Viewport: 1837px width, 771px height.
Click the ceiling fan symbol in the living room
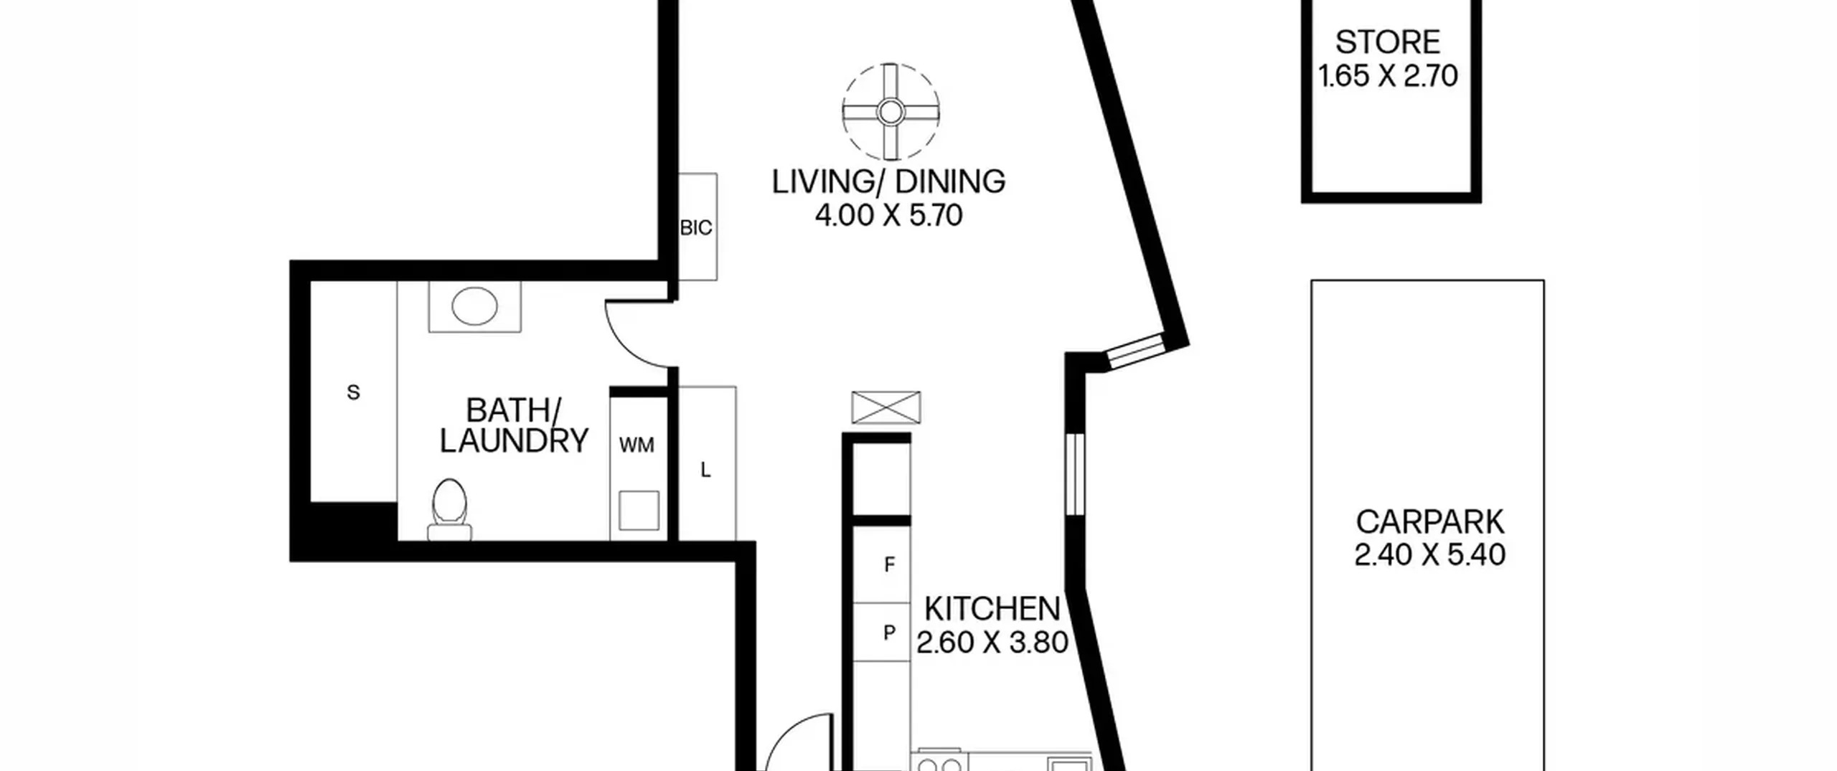coord(891,112)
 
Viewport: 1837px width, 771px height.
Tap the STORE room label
coord(1387,42)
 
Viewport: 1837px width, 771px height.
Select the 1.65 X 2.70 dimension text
coord(1388,75)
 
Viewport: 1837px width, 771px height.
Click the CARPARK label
coord(1429,522)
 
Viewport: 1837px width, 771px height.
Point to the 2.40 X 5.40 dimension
coord(1429,554)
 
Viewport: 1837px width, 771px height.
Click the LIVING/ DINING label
coord(888,181)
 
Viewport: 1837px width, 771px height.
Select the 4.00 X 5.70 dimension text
coord(888,215)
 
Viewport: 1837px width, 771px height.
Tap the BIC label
coord(696,228)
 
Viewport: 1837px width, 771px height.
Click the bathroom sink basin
coord(474,306)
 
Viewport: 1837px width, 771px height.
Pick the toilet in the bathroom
coord(450,509)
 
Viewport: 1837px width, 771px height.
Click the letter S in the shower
coord(353,392)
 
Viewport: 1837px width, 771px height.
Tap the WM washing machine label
coord(636,445)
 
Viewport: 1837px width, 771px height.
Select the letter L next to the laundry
coord(705,470)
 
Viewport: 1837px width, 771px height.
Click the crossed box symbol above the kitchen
coord(885,407)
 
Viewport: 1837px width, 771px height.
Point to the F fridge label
coord(889,565)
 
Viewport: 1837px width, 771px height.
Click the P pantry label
coord(889,633)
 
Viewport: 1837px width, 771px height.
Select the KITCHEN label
coord(992,609)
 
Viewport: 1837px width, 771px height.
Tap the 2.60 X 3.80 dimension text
coord(992,642)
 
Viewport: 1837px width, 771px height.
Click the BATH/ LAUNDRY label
coord(514,426)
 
